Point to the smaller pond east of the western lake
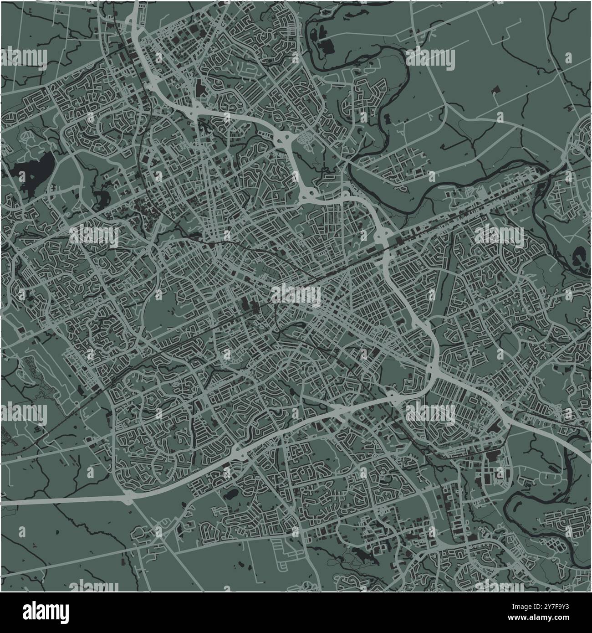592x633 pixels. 101,197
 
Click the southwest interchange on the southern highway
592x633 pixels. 127,499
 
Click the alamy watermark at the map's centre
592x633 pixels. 296,294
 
